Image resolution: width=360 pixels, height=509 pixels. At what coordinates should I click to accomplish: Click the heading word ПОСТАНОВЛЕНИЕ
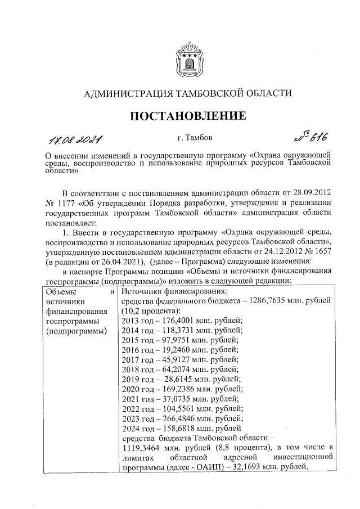[x=188, y=116]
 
